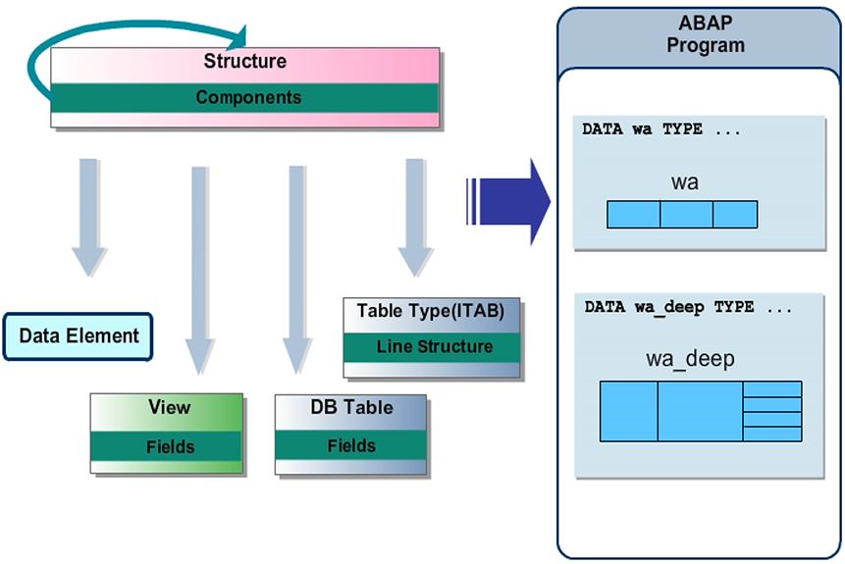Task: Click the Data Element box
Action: [79, 336]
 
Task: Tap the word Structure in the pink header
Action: [244, 61]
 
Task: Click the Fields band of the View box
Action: [170, 446]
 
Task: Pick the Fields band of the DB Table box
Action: [350, 445]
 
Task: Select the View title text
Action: [169, 407]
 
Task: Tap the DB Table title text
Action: [351, 408]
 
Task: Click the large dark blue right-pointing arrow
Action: [506, 200]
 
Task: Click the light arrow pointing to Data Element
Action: [88, 216]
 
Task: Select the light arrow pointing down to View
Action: [199, 270]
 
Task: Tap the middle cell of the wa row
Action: [686, 214]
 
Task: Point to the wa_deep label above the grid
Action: [690, 359]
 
